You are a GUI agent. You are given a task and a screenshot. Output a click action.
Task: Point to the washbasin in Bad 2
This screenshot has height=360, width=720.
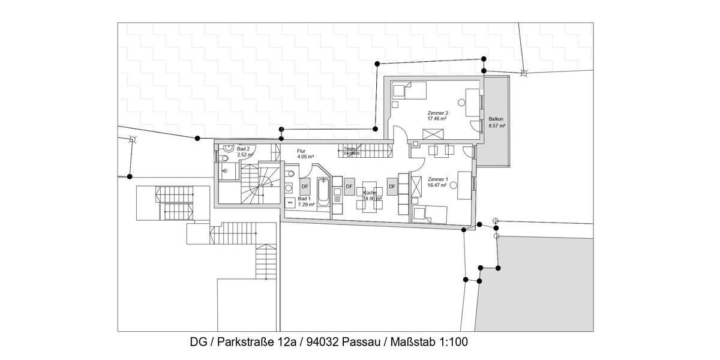click(x=228, y=148)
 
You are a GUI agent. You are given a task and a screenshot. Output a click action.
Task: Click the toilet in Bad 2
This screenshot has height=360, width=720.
click(x=223, y=159)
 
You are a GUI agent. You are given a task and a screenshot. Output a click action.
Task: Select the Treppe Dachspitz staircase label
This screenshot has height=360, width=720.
click(x=351, y=151)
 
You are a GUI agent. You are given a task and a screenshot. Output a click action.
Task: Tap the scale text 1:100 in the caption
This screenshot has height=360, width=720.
click(x=452, y=343)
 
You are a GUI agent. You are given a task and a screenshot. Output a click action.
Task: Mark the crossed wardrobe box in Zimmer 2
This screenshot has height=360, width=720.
click(x=434, y=134)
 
